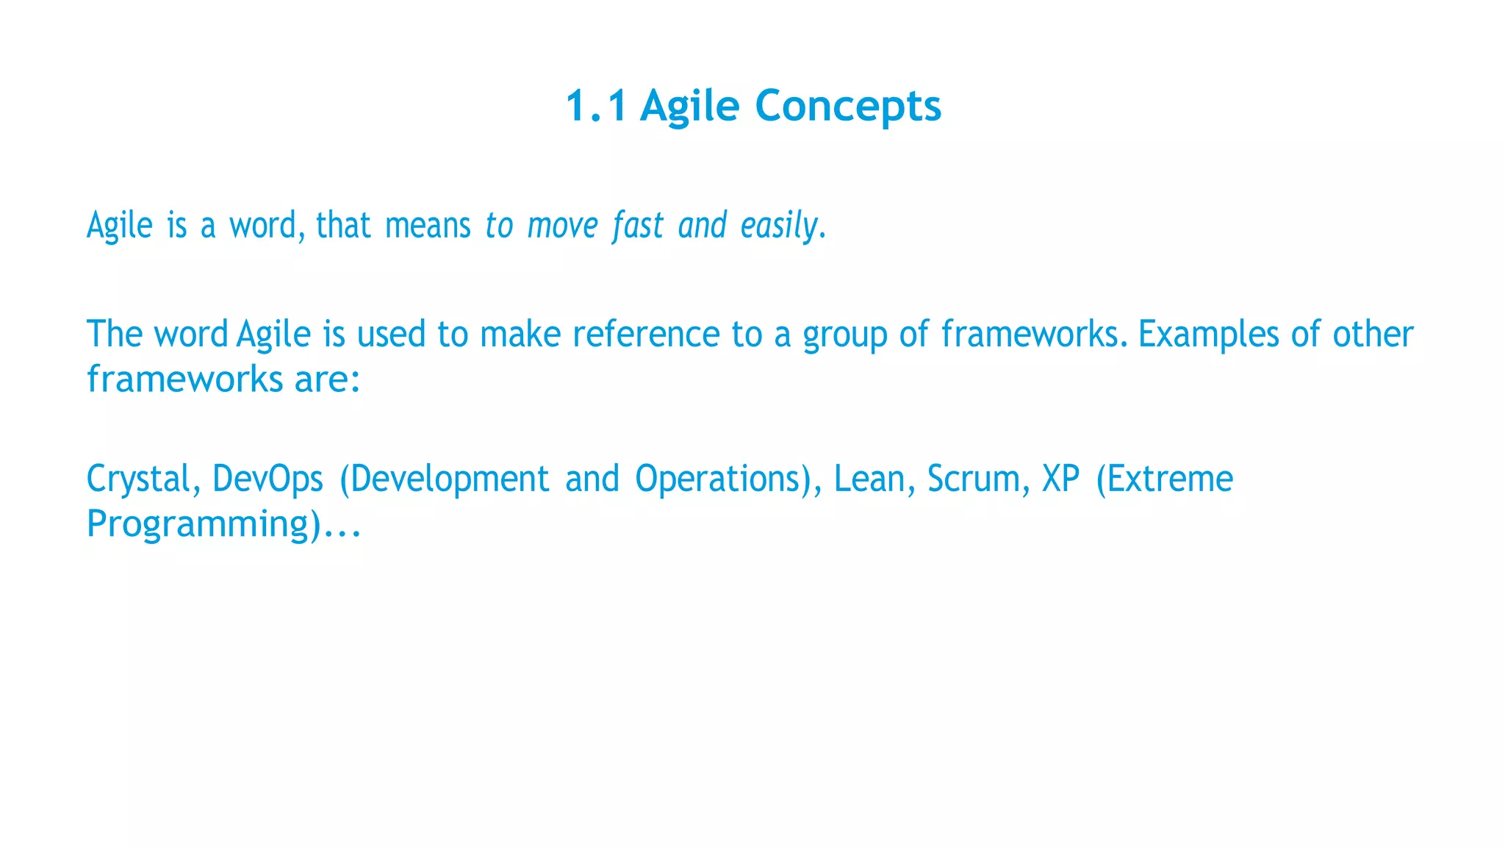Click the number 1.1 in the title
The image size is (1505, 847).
(596, 106)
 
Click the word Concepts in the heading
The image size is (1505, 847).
(848, 106)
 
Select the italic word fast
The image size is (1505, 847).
(638, 225)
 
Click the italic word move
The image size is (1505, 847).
(563, 225)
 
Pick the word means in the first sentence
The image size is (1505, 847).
(428, 225)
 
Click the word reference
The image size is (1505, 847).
(646, 335)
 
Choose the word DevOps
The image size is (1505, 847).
(267, 479)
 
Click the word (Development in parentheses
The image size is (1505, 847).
(444, 479)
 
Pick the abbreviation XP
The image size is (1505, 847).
(1061, 479)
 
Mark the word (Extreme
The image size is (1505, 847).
(1164, 479)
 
